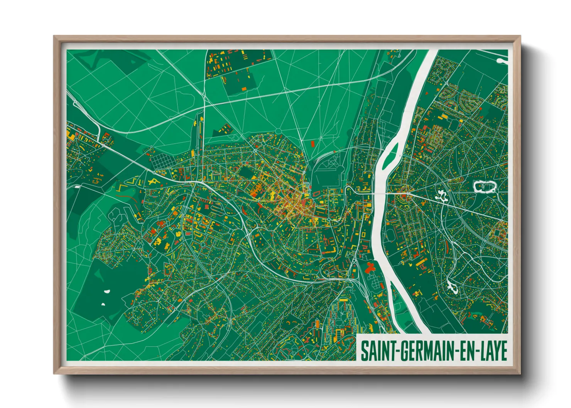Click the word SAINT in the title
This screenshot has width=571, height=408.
click(x=373, y=351)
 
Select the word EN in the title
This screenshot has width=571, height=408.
click(x=465, y=351)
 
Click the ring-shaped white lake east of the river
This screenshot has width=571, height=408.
click(x=484, y=187)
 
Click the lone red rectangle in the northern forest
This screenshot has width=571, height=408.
click(x=313, y=143)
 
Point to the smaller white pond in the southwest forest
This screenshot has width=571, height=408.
click(x=103, y=305)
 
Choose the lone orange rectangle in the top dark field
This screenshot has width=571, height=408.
click(x=244, y=89)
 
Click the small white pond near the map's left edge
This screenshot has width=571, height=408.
click(x=77, y=187)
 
